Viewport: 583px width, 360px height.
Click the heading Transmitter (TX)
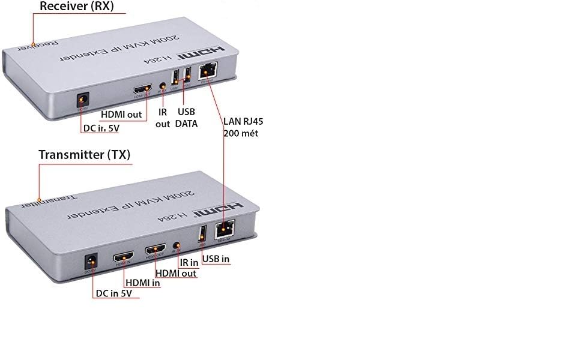pyautogui.click(x=84, y=155)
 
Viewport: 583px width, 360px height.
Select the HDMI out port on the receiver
pyautogui.click(x=143, y=88)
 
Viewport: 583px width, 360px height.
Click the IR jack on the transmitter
pyautogui.click(x=177, y=245)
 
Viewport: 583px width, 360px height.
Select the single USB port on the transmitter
pyautogui.click(x=202, y=233)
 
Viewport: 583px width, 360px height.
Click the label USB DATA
pyautogui.click(x=186, y=118)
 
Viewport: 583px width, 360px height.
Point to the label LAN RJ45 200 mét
pyautogui.click(x=243, y=127)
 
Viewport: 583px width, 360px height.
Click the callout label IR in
pyautogui.click(x=189, y=262)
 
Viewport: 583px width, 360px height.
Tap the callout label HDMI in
pyautogui.click(x=142, y=283)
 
